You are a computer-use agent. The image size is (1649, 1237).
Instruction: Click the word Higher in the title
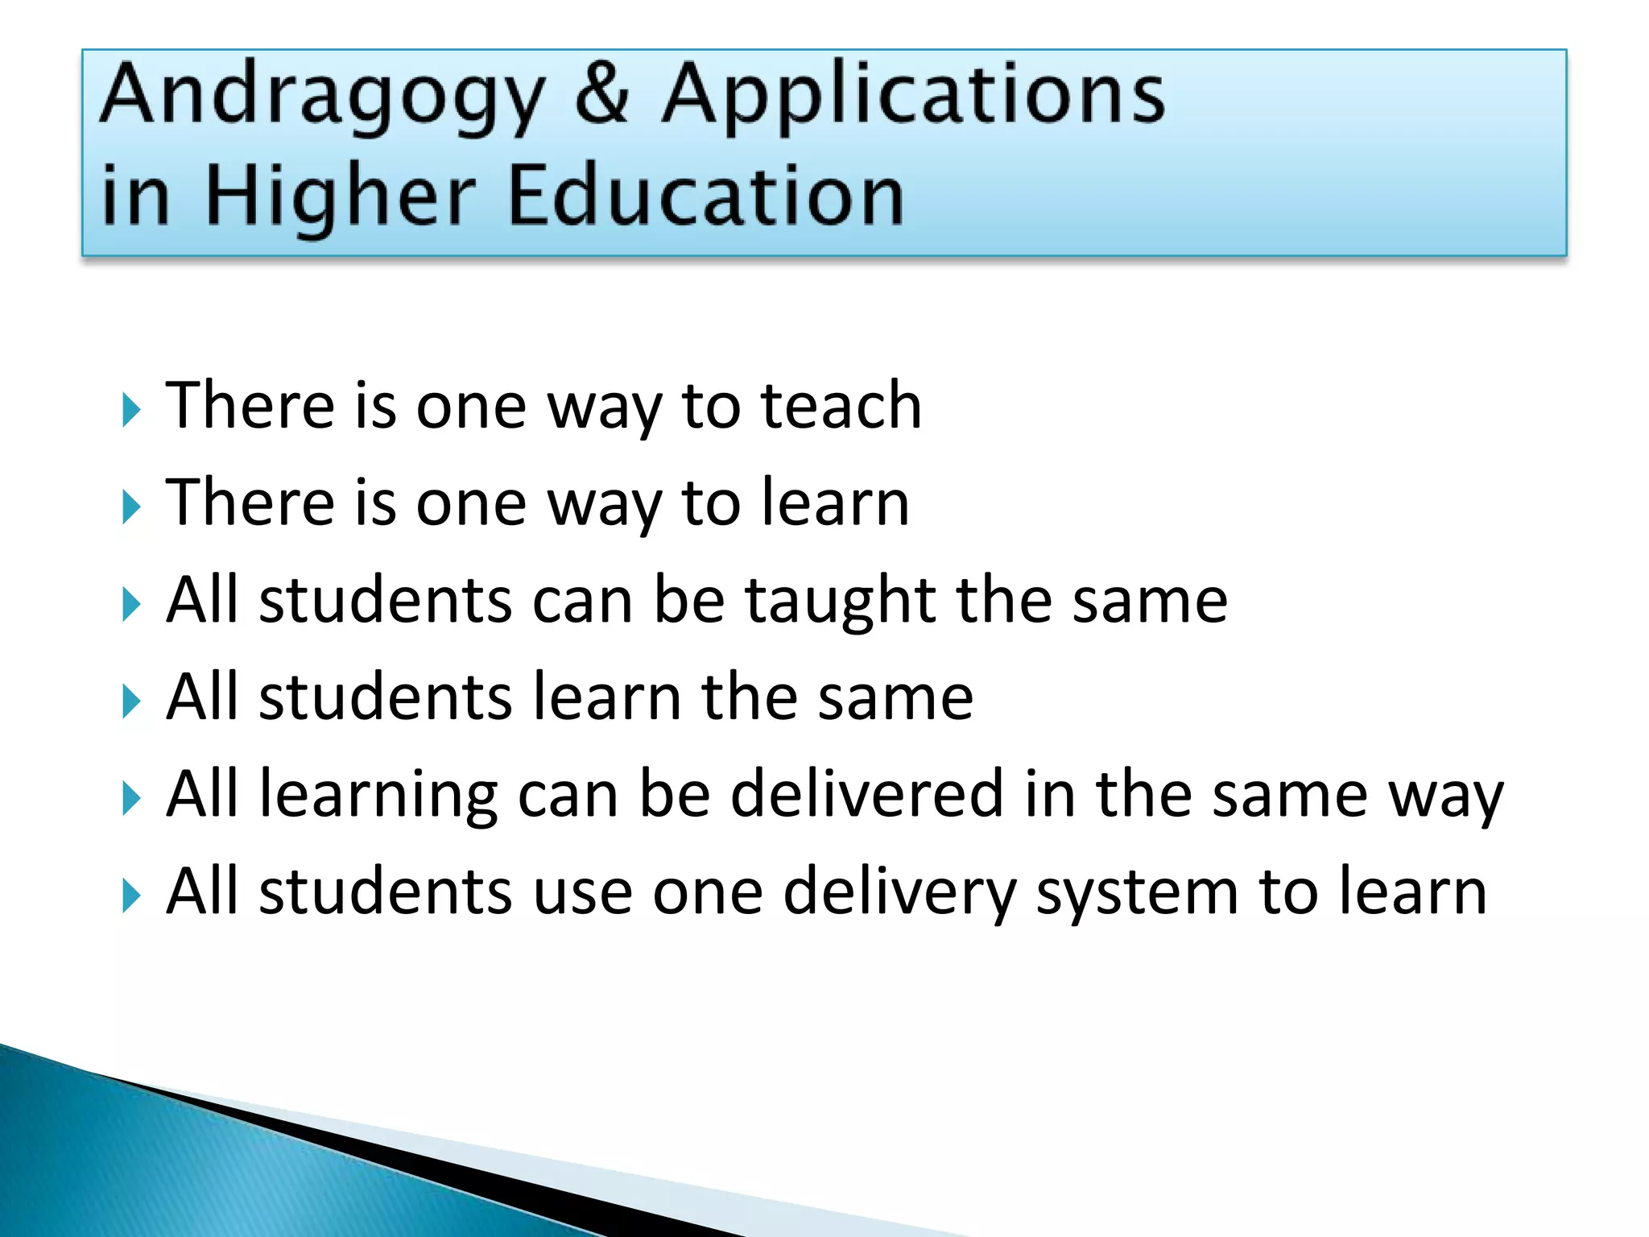point(340,198)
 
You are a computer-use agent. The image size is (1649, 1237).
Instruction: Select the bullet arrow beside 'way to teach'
point(132,410)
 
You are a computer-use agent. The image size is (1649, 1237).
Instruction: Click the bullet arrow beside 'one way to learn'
point(132,507)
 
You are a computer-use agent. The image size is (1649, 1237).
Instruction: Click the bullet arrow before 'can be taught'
point(132,605)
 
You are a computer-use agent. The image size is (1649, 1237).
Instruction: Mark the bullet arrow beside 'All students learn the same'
point(132,701)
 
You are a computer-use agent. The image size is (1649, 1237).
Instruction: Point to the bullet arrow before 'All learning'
point(132,799)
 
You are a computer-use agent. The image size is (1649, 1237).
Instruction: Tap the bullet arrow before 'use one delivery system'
point(132,896)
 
